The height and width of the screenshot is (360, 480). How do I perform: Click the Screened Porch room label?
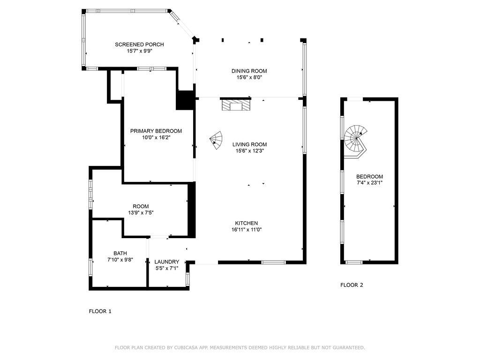pyautogui.click(x=139, y=45)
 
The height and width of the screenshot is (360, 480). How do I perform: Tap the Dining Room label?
pyautogui.click(x=249, y=71)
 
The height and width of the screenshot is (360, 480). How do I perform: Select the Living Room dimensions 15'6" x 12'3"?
pyautogui.click(x=249, y=151)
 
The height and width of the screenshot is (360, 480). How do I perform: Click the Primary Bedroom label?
pyautogui.click(x=156, y=131)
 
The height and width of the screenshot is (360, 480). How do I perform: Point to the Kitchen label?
pyautogui.click(x=246, y=223)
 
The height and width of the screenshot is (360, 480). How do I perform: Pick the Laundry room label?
pyautogui.click(x=167, y=262)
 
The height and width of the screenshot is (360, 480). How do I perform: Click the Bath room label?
pyautogui.click(x=120, y=253)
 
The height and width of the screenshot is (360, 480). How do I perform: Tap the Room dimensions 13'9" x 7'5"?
pyautogui.click(x=141, y=213)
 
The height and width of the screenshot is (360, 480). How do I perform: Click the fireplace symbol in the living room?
pyautogui.click(x=236, y=105)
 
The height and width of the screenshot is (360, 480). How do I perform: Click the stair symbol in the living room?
pyautogui.click(x=217, y=140)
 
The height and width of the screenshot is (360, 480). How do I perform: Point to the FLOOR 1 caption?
pyautogui.click(x=100, y=311)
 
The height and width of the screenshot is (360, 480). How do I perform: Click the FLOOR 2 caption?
pyautogui.click(x=352, y=285)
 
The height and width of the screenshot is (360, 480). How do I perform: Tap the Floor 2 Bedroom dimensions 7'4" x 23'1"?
pyautogui.click(x=369, y=183)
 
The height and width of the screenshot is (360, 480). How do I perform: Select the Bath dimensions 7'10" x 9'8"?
pyautogui.click(x=120, y=260)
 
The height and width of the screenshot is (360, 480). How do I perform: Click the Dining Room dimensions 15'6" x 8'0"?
pyautogui.click(x=249, y=78)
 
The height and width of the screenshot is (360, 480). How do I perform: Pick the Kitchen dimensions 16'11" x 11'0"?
pyautogui.click(x=246, y=230)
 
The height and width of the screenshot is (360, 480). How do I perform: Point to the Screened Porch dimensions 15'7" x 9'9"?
pyautogui.click(x=139, y=51)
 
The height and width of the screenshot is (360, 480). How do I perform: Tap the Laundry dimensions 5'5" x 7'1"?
pyautogui.click(x=167, y=269)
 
